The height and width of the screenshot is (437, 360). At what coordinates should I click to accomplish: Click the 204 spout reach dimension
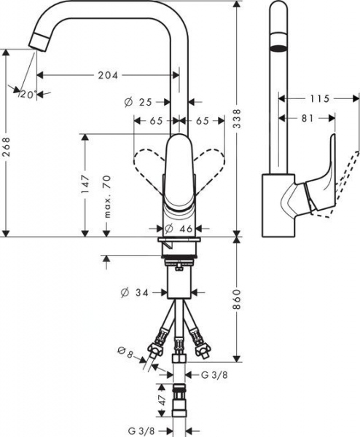106,74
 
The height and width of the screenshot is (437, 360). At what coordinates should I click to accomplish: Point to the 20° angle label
28,94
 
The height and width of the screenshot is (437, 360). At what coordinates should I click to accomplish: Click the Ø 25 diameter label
141,103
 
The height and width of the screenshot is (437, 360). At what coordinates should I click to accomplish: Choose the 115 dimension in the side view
321,98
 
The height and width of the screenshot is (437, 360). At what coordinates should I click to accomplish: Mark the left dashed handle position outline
145,162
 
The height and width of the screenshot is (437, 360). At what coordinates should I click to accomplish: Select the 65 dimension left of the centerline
156,122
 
